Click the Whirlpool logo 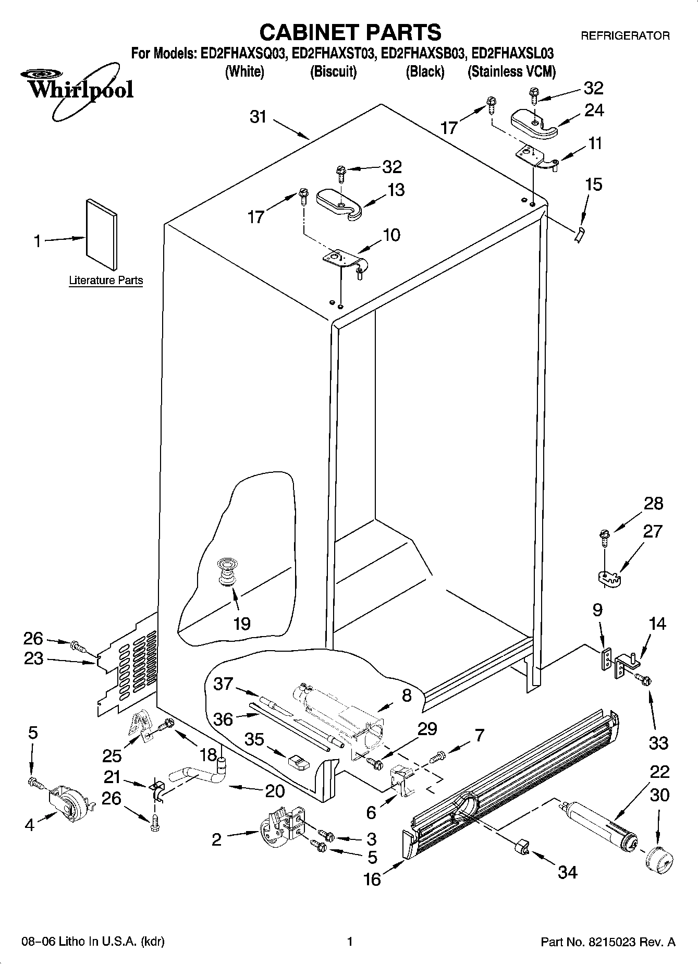point(78,90)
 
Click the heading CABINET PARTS point(350,32)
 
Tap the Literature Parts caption point(106,280)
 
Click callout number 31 point(258,117)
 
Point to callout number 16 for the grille point(372,879)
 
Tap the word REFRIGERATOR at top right point(625,36)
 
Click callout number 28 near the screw point(653,503)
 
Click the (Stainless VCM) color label point(511,72)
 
